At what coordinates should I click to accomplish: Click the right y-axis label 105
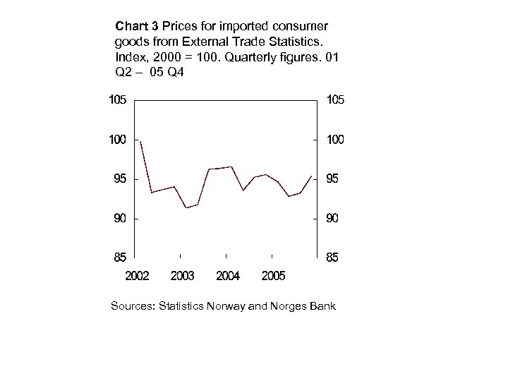pos(335,100)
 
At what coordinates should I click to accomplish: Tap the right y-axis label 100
pos(335,140)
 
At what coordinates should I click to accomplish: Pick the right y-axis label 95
pos(332,179)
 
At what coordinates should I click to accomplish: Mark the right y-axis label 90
pos(332,219)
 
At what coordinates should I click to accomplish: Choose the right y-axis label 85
pos(332,258)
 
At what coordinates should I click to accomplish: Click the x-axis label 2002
pos(137,276)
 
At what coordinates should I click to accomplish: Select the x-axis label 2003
pos(182,276)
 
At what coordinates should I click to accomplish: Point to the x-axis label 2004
pos(228,276)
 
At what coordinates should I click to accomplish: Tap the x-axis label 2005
pos(273,276)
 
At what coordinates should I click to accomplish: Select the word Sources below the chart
pos(133,306)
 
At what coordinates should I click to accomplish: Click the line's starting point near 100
pos(140,142)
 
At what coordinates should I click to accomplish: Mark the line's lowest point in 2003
pos(186,207)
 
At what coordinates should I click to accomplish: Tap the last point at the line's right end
pos(312,175)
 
